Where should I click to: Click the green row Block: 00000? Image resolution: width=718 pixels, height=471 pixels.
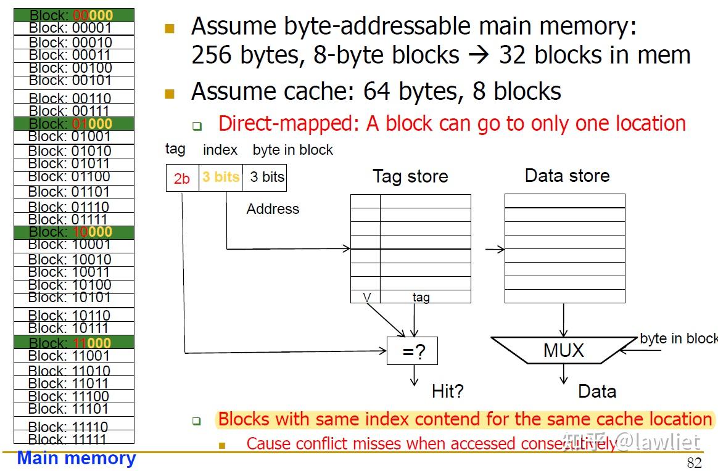(73, 15)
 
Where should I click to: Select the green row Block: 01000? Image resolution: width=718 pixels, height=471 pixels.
(73, 124)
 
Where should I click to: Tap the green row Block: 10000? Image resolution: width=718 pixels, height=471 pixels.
(73, 232)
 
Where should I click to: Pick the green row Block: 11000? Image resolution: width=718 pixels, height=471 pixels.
(73, 343)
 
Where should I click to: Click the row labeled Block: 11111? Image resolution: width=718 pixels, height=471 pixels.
(73, 439)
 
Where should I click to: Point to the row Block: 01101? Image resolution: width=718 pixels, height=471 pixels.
(73, 192)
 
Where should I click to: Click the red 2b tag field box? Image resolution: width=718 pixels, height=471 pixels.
(182, 178)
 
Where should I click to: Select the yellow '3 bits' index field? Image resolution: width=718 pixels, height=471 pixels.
(220, 178)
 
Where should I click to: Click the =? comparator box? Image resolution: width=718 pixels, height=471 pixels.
(412, 351)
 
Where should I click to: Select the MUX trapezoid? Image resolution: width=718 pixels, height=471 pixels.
(563, 351)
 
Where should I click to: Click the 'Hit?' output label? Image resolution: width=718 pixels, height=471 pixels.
(447, 391)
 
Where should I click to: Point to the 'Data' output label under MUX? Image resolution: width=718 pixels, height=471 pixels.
(596, 391)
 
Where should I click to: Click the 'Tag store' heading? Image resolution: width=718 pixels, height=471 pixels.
(410, 177)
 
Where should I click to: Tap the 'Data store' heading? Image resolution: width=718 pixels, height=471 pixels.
(567, 176)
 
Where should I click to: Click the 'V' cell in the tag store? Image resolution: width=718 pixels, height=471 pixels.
(366, 297)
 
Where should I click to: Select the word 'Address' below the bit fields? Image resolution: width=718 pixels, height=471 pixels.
(273, 209)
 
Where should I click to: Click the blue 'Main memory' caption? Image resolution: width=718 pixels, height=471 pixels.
(76, 459)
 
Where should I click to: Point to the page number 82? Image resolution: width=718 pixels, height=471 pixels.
(694, 463)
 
